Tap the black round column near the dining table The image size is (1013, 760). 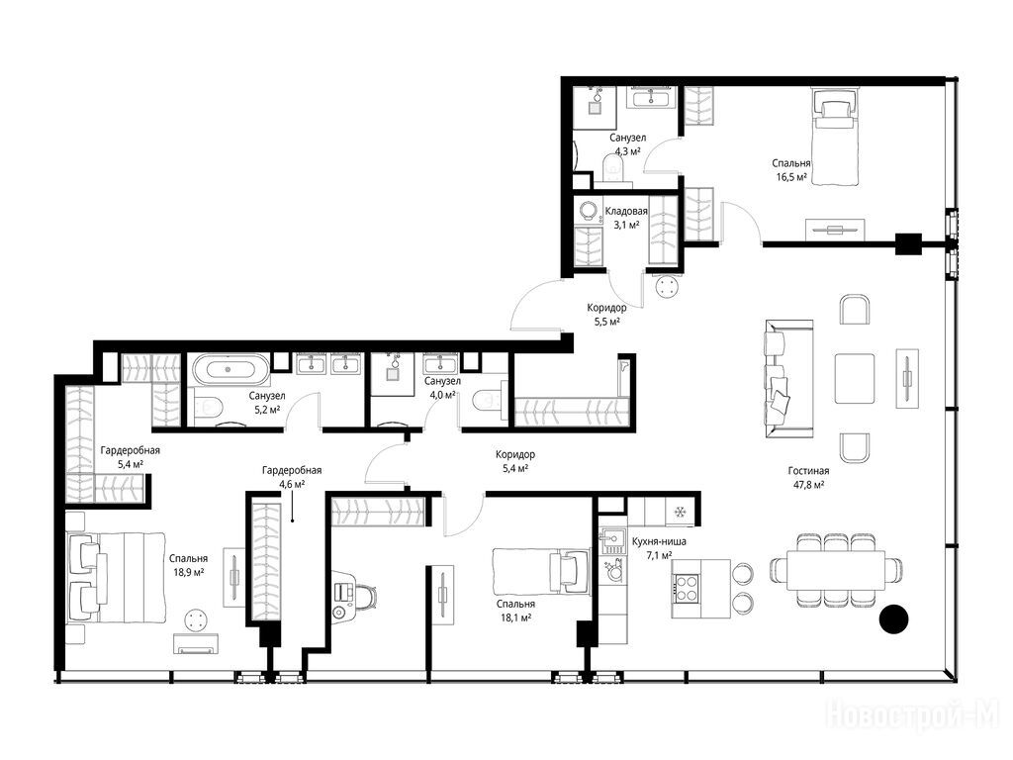(894, 618)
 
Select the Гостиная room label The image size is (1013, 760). (808, 471)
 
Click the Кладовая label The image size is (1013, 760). (626, 212)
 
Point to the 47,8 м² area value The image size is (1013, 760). (808, 485)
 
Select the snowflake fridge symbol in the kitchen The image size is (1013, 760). (679, 513)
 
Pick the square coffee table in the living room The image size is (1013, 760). (855, 378)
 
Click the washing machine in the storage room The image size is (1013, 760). (588, 210)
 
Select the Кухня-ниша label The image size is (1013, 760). (659, 541)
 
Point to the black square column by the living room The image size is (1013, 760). (908, 243)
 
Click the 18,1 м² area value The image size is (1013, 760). (515, 617)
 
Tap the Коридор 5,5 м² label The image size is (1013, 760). (606, 315)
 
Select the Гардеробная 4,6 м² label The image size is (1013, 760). (292, 477)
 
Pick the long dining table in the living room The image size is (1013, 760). (835, 570)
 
